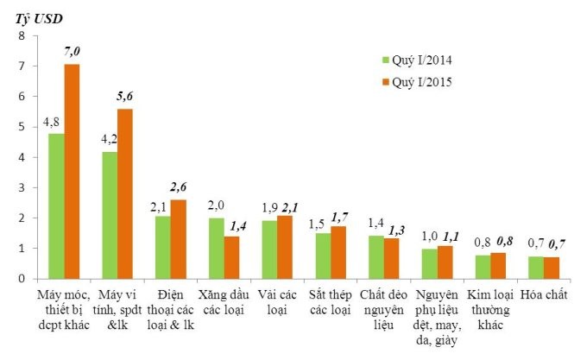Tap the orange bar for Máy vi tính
125,193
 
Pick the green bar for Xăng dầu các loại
216,248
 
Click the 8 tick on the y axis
21,36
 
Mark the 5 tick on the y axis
21,127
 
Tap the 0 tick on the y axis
21,279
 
